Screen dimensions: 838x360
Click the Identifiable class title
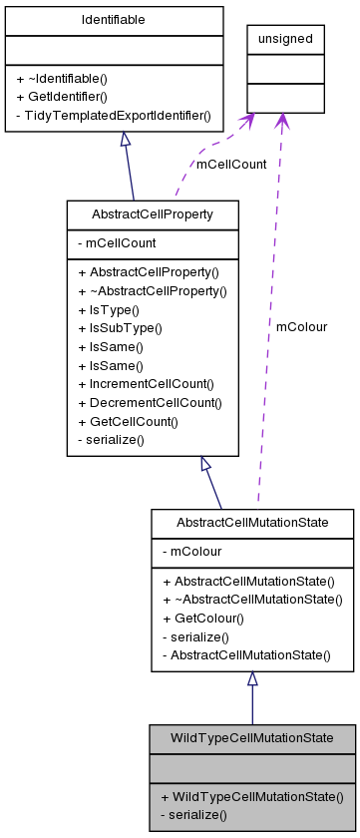point(113,20)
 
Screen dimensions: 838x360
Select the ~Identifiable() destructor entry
point(62,78)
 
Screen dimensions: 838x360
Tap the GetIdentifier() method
point(61,97)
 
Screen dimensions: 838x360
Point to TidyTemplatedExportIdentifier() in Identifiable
point(113,116)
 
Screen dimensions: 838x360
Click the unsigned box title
point(285,39)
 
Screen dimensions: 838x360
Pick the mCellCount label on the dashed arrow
point(230,164)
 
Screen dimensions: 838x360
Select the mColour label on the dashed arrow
point(301,326)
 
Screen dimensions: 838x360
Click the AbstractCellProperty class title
point(152,213)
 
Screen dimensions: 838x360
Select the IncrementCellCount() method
point(152,383)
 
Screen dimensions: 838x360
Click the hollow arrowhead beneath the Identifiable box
point(125,140)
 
